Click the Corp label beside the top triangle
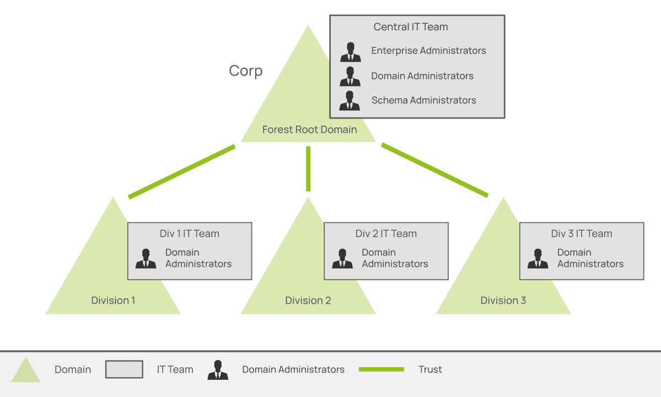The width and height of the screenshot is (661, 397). tap(246, 71)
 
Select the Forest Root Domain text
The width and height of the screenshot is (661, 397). tap(309, 130)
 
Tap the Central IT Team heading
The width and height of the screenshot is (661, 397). tap(411, 26)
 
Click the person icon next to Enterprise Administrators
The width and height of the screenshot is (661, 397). tap(350, 52)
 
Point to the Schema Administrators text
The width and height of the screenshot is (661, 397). tap(423, 100)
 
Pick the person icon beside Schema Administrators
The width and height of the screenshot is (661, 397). tap(350, 101)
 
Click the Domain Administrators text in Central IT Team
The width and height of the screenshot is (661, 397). tap(422, 76)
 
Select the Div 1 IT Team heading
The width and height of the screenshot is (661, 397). tap(190, 234)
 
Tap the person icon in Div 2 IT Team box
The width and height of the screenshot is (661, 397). tap(342, 259)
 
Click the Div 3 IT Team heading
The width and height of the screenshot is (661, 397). tap(582, 234)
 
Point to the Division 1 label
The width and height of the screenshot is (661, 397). tap(113, 301)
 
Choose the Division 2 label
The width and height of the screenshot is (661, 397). tap(308, 301)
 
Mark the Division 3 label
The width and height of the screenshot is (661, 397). tap(503, 301)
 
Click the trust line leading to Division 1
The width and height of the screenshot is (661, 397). tap(182, 171)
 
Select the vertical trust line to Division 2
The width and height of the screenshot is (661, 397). tap(308, 169)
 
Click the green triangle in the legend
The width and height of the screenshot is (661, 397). tap(26, 371)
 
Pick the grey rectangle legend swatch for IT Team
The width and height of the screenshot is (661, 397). tap(124, 369)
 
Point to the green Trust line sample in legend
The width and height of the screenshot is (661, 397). tap(381, 369)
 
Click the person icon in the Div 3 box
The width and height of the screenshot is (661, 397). tap(538, 259)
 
